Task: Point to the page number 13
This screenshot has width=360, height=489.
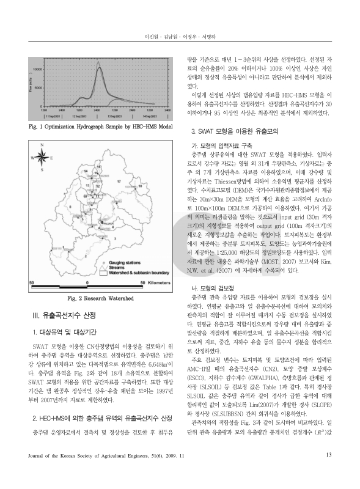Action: (328, 471)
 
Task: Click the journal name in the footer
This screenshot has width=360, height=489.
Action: (107, 472)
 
